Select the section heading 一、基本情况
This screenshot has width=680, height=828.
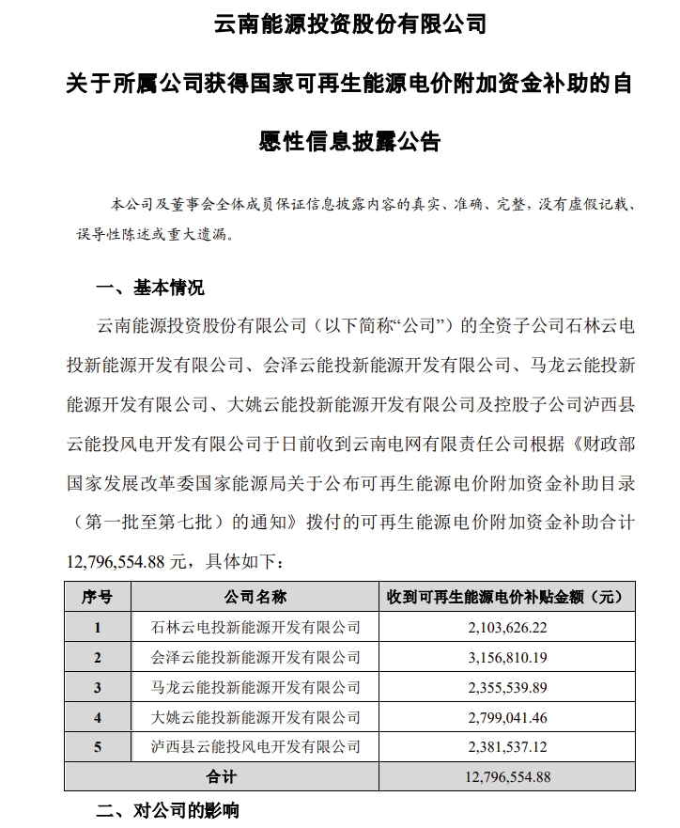tap(150, 287)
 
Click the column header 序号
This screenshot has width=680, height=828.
tap(97, 597)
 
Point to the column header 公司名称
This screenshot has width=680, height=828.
tap(255, 597)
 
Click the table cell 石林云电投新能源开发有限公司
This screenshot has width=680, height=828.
tap(255, 627)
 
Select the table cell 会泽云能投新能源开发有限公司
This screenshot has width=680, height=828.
tap(255, 657)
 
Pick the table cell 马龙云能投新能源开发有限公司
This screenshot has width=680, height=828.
tap(255, 687)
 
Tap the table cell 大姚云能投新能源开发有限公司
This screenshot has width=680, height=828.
tap(255, 717)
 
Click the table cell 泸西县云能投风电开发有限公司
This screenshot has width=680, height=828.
tap(255, 747)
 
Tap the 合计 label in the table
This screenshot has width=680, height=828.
tap(222, 777)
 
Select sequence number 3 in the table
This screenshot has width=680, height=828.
tap(97, 687)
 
